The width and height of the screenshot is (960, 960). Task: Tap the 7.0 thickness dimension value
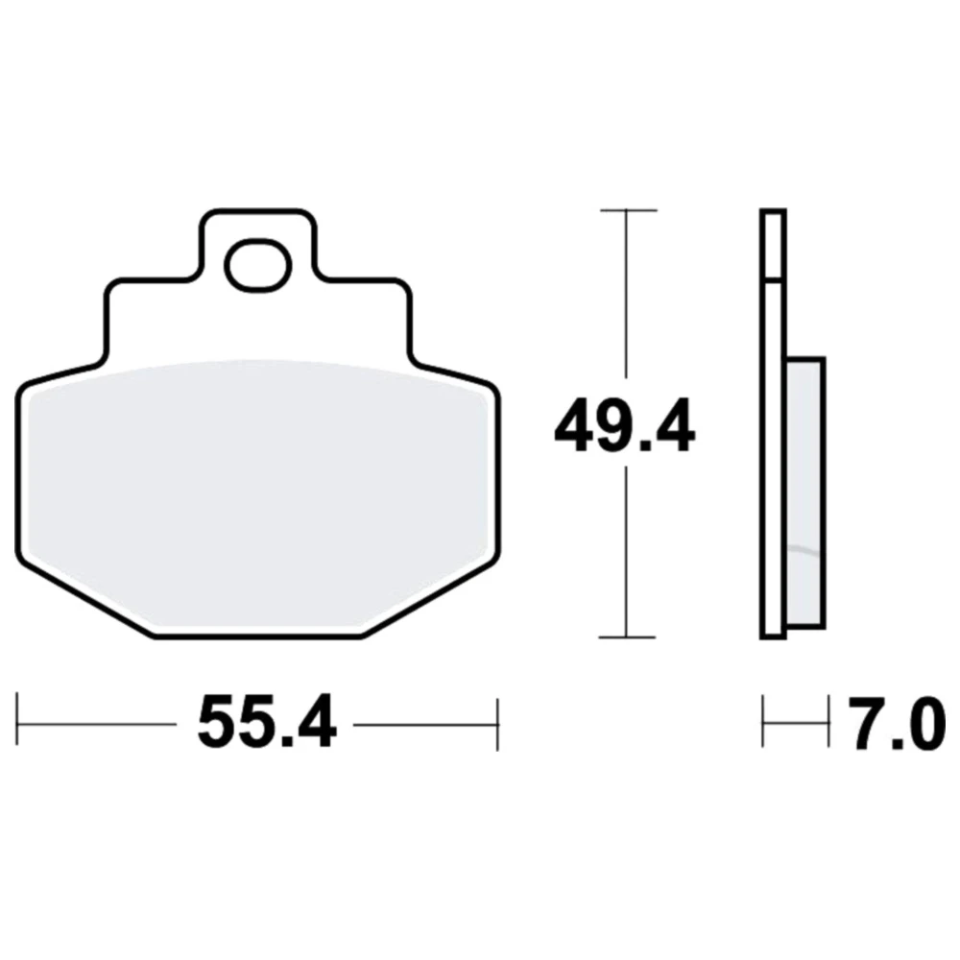(x=893, y=722)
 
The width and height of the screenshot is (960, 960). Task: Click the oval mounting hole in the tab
(x=258, y=264)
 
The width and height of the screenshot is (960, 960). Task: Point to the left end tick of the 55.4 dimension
(x=17, y=719)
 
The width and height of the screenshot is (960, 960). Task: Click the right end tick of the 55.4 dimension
(x=497, y=724)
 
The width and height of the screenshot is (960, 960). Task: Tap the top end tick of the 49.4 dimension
(x=629, y=210)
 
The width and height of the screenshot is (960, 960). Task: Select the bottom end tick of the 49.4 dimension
(x=627, y=637)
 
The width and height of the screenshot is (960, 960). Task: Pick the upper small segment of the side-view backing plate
(x=773, y=245)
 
